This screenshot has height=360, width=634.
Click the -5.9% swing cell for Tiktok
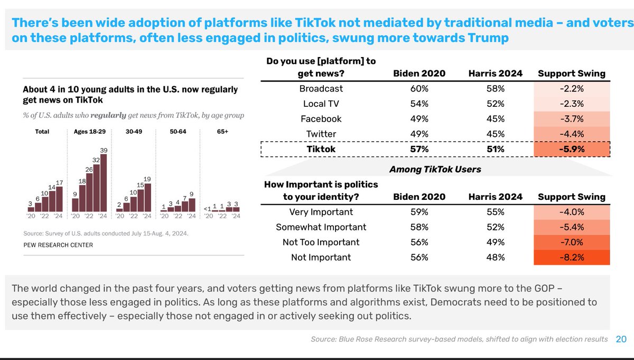coord(571,149)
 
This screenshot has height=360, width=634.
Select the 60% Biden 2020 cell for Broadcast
coord(419,89)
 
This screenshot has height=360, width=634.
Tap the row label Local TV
coord(321,104)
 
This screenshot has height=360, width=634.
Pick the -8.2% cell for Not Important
coord(571,257)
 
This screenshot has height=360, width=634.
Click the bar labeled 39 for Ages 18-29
coord(104,183)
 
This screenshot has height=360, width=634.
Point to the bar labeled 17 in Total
coord(60,199)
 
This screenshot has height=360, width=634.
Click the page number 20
coord(621,339)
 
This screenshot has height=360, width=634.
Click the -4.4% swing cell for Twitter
coord(571,134)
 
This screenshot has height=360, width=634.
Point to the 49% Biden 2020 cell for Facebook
coord(419,119)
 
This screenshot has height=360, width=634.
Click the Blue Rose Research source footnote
coord(459,339)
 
